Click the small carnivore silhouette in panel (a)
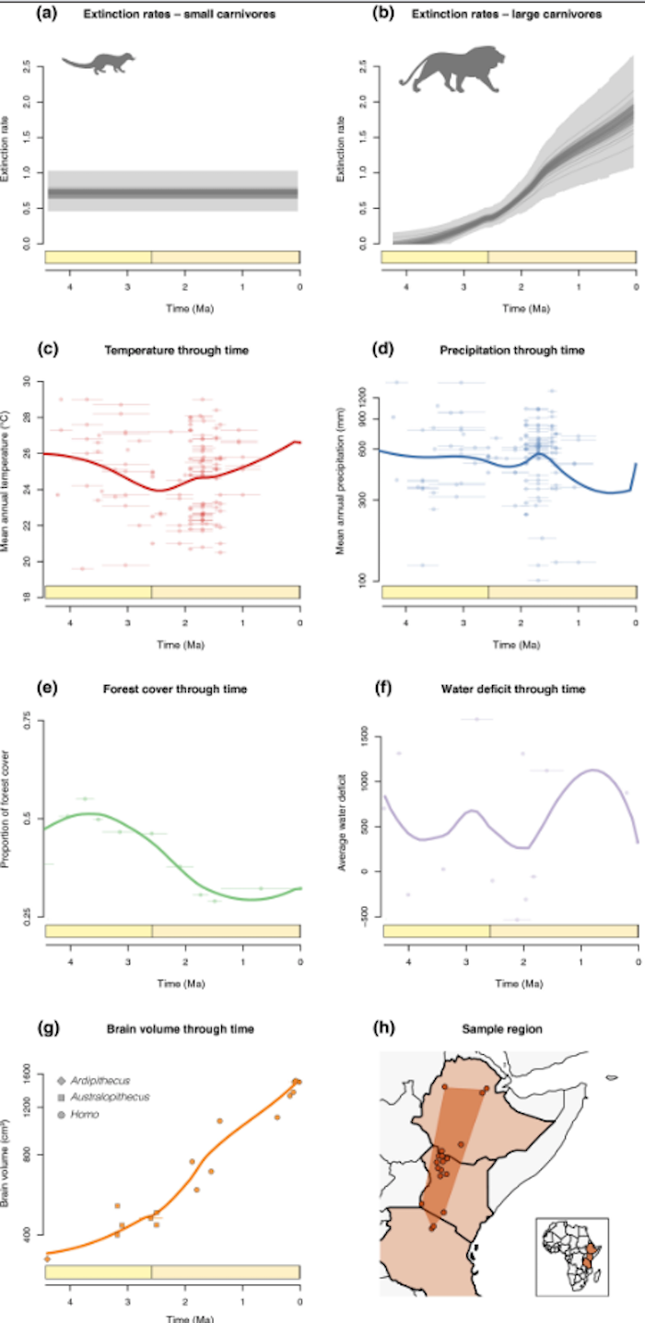click(98, 64)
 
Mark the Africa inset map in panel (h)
click(571, 1256)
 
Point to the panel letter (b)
click(384, 13)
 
